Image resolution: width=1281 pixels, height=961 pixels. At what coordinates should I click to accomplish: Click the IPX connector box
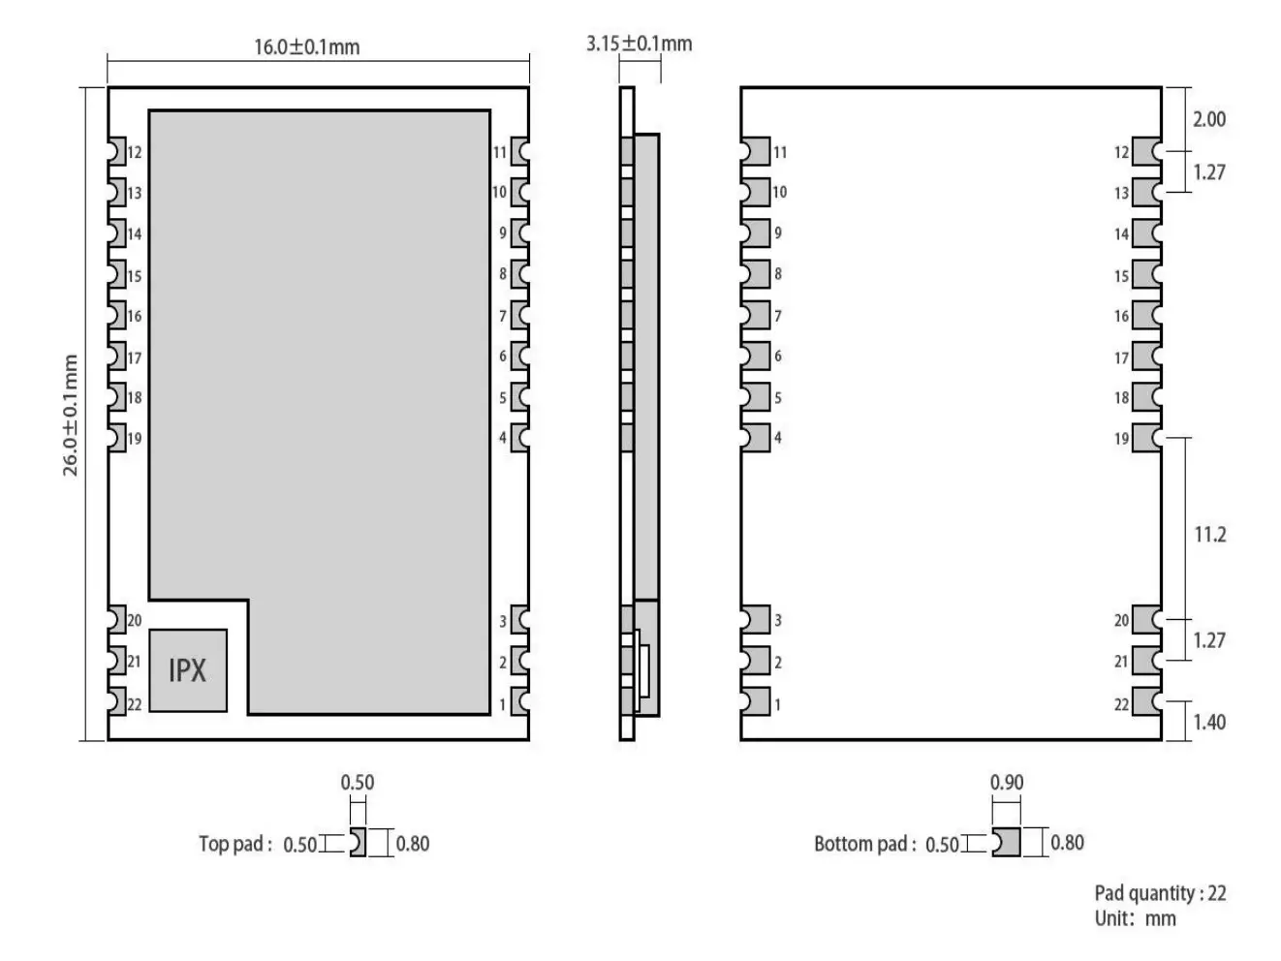click(x=188, y=670)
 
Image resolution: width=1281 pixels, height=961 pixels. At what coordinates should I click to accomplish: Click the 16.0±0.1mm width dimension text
click(x=306, y=46)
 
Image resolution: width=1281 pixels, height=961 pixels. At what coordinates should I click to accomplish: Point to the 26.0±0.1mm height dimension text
click(x=71, y=415)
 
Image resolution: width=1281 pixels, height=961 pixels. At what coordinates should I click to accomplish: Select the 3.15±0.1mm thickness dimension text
click(x=639, y=44)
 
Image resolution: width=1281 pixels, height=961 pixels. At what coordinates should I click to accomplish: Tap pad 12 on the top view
click(x=116, y=151)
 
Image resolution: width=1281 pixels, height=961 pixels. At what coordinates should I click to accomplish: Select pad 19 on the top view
click(x=116, y=437)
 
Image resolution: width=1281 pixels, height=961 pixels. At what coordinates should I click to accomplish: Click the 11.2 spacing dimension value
click(x=1209, y=534)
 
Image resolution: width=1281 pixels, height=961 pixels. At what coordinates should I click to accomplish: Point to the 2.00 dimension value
click(x=1208, y=119)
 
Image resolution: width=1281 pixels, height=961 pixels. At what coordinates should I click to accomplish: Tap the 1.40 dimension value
click(x=1208, y=722)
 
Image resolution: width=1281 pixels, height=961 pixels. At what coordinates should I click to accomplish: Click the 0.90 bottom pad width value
click(x=1006, y=782)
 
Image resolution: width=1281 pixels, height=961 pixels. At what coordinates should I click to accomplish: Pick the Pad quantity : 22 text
click(x=1160, y=893)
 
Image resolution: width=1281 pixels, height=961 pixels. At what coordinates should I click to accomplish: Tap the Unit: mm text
click(x=1135, y=918)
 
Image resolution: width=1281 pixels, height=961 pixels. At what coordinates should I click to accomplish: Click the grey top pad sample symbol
click(x=358, y=843)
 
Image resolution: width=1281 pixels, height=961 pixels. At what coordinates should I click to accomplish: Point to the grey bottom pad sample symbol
click(x=1007, y=843)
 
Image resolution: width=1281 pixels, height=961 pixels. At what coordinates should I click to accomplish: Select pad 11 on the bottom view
click(x=756, y=152)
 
